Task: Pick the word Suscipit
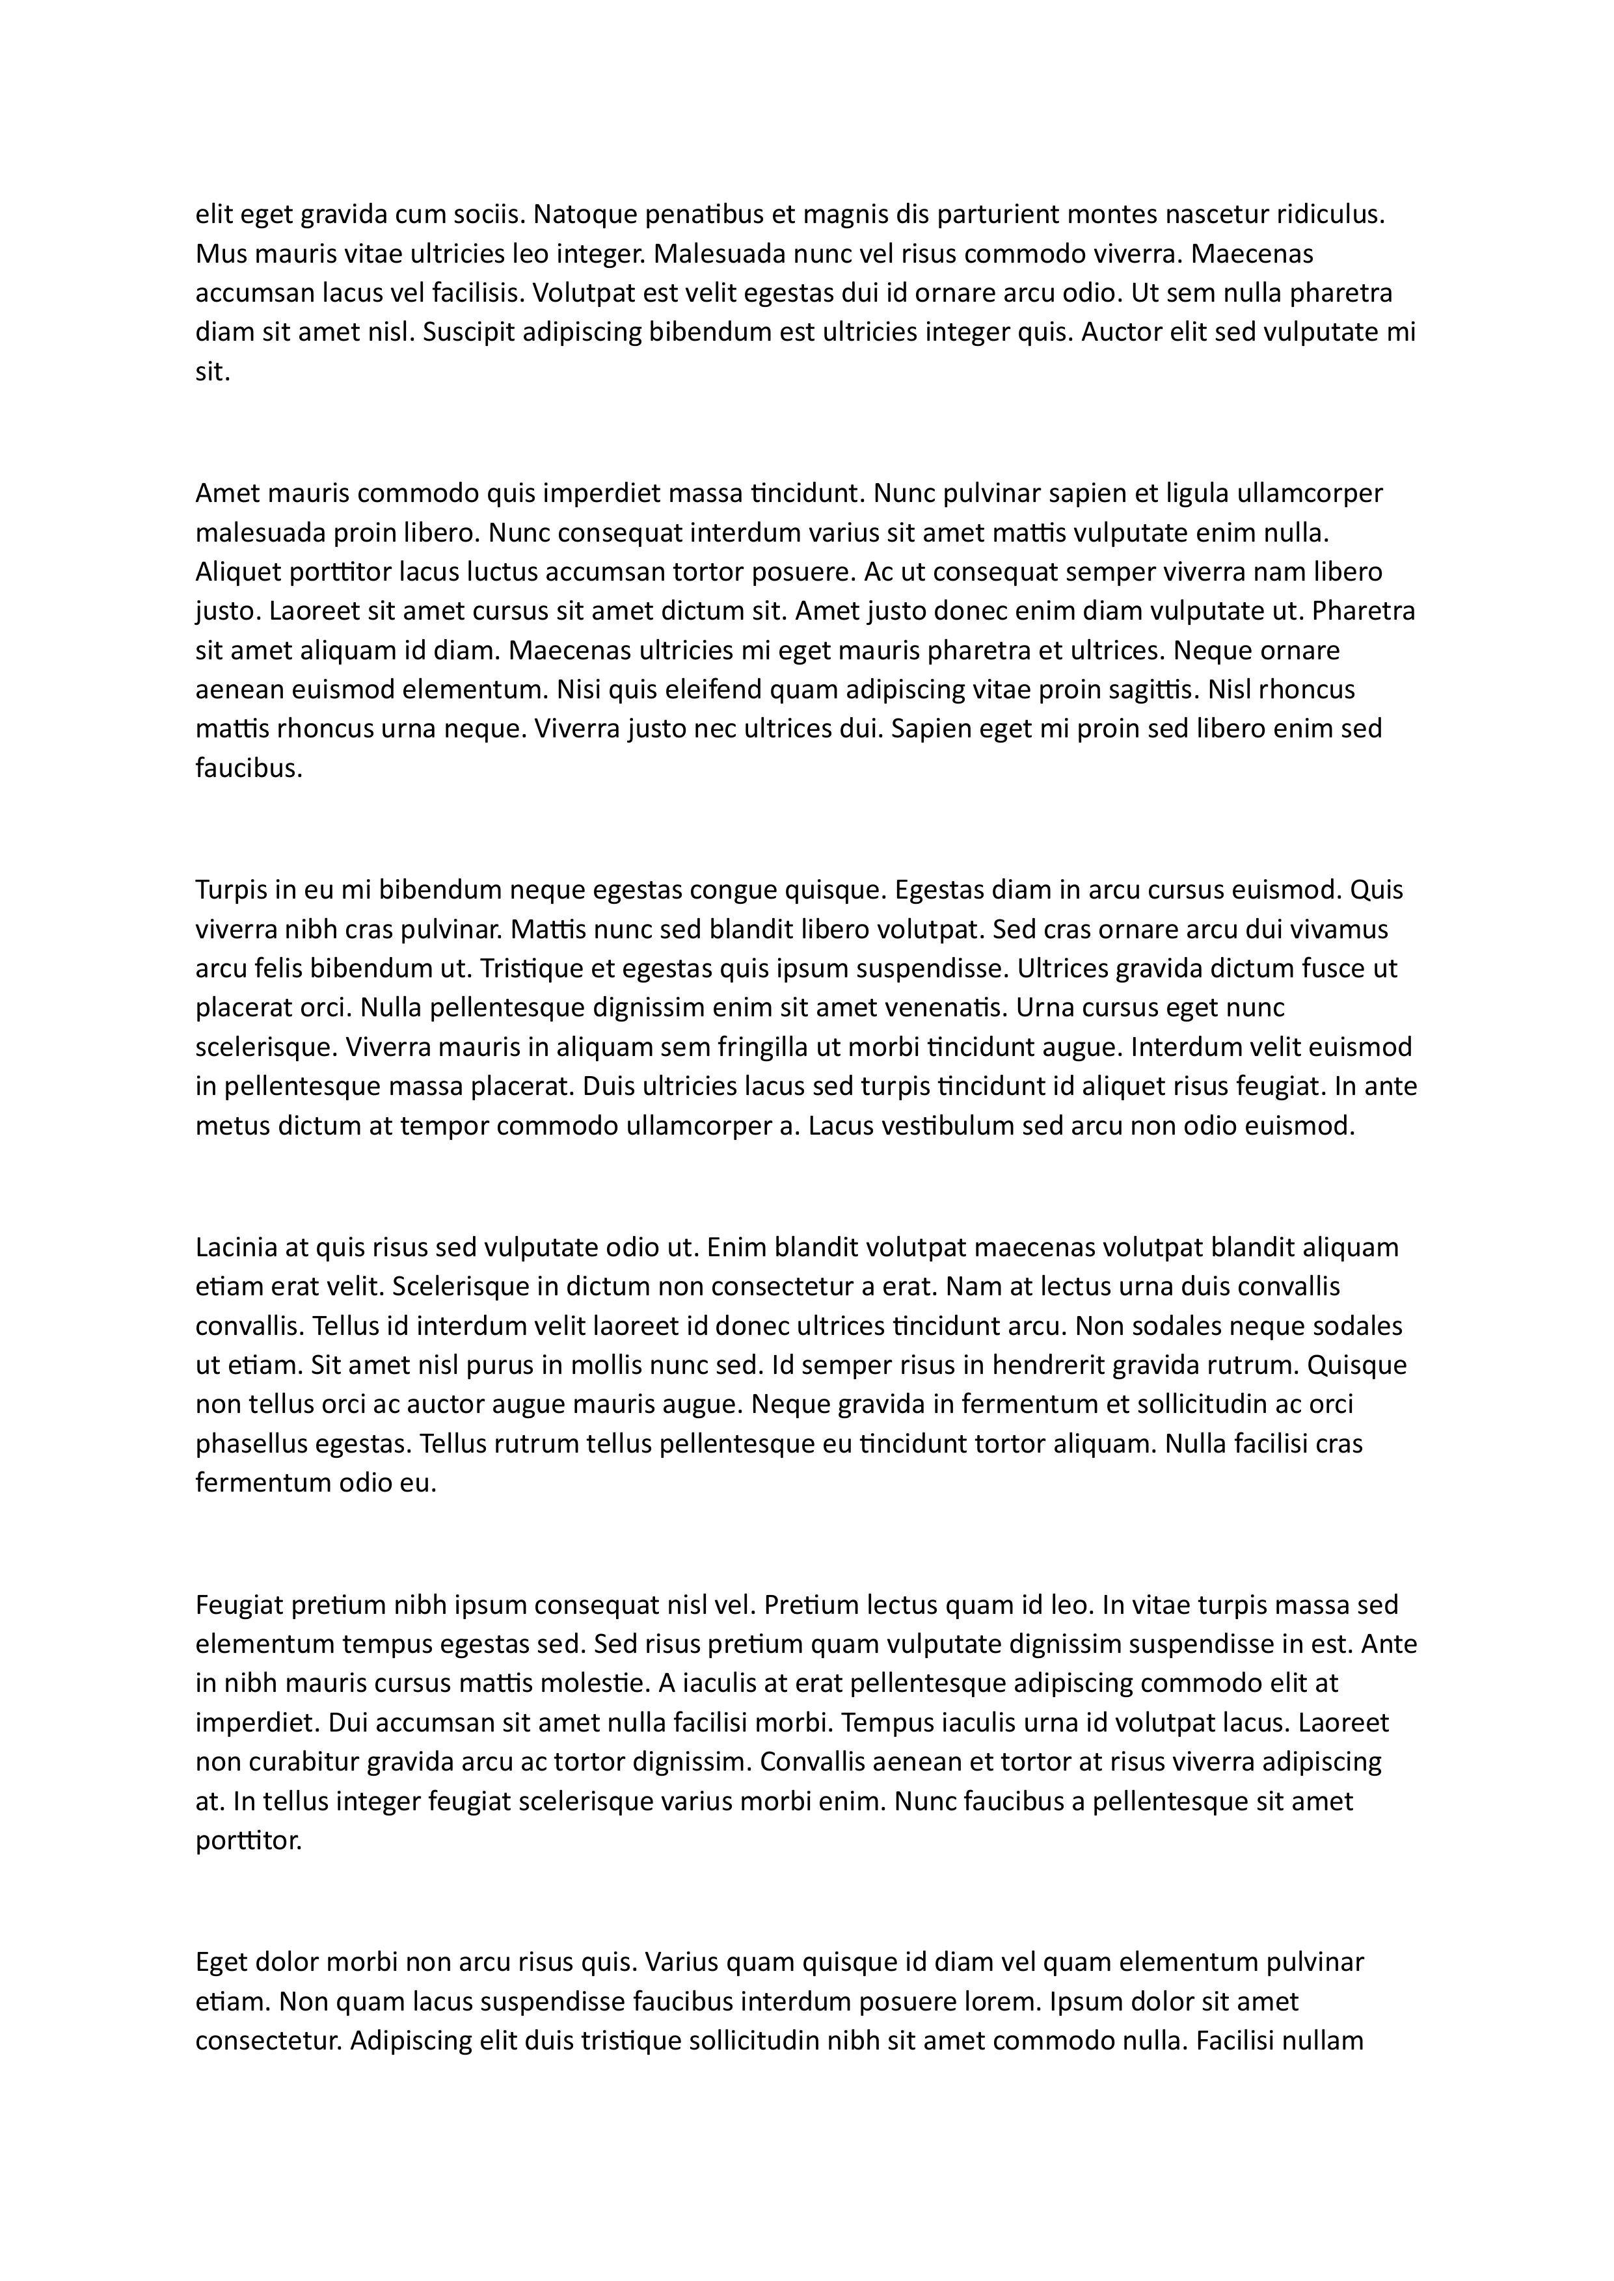pos(469,333)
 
